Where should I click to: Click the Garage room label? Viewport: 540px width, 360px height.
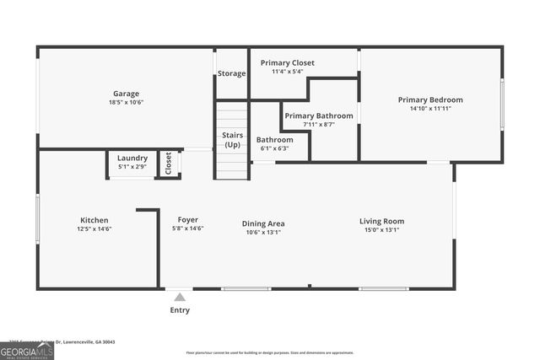coord(127,94)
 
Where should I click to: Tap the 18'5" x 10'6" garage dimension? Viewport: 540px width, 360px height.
coord(127,102)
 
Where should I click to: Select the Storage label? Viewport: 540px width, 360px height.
coord(231,73)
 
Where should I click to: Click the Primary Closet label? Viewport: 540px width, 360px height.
coord(287,63)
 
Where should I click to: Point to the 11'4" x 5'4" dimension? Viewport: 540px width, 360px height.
coord(287,72)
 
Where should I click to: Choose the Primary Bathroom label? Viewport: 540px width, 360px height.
coord(318,116)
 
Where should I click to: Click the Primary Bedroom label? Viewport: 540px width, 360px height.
coord(430,99)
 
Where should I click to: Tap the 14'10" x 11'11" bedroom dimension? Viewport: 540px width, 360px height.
coord(430,108)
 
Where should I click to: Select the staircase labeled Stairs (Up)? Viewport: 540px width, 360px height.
coord(232,140)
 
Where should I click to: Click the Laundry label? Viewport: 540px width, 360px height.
coord(132,158)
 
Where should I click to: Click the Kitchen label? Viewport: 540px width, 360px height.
coord(94,220)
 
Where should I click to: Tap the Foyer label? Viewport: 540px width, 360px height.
coord(187,220)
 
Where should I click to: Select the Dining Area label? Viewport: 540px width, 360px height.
coord(263,223)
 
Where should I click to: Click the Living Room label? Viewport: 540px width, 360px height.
coord(381,221)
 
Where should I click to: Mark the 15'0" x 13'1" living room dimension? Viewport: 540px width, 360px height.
coord(381,229)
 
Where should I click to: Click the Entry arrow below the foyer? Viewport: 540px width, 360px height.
coord(178,296)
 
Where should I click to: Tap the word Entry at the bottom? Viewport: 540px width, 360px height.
coord(180,310)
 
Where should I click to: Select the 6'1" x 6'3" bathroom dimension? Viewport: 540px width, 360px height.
coord(274,148)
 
